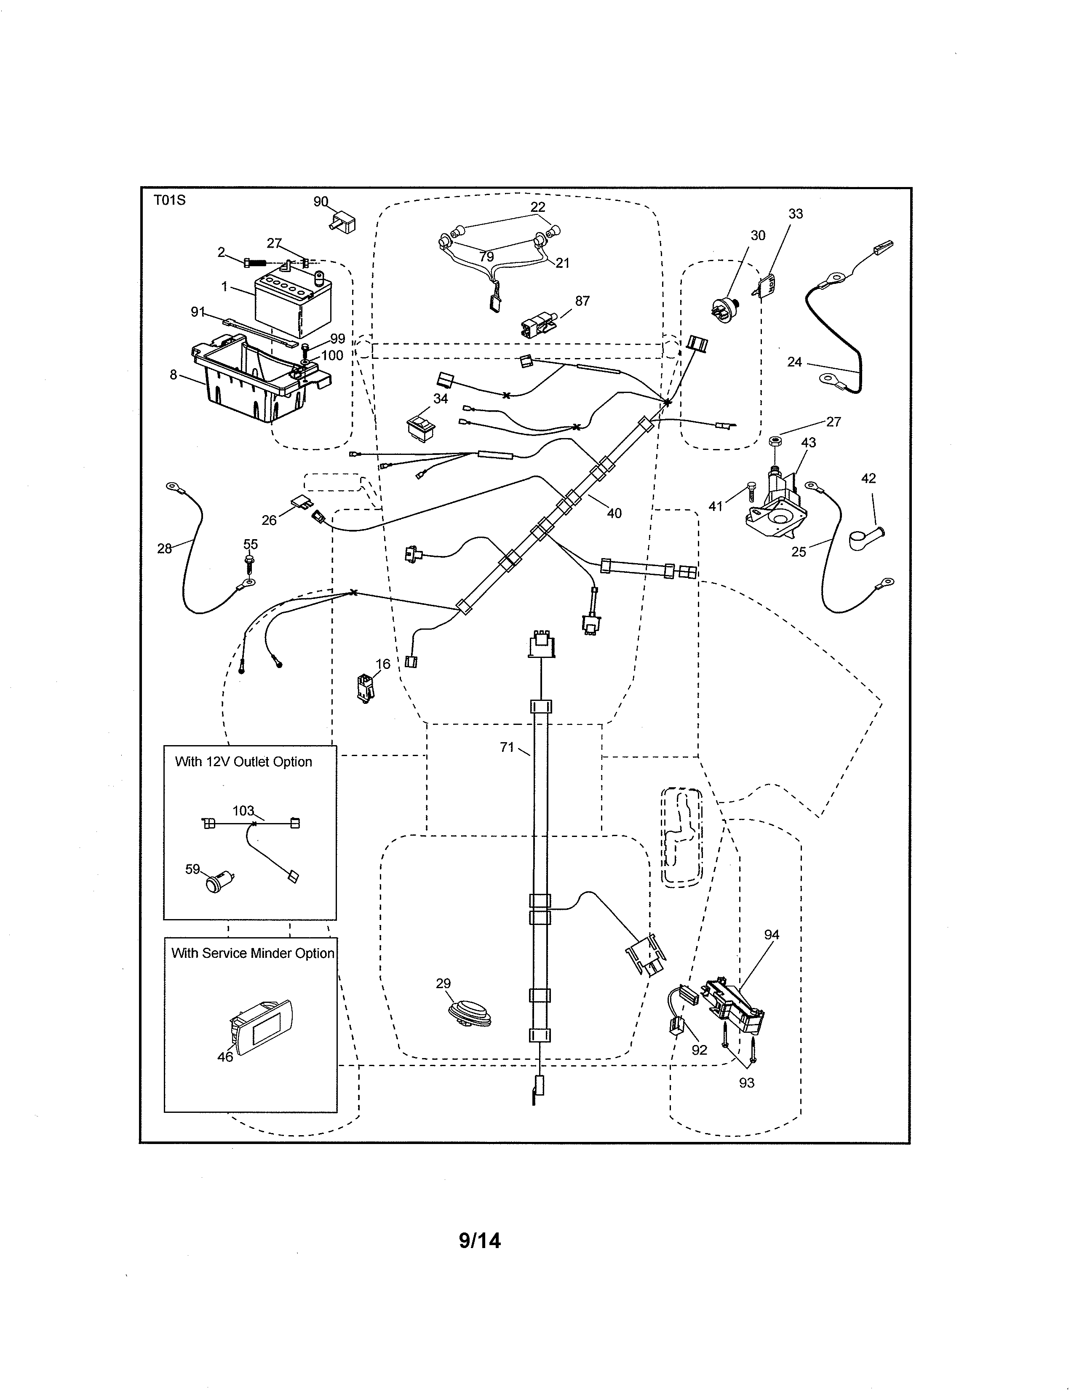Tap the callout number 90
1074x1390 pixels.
[x=320, y=202]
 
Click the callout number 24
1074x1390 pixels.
[x=794, y=362]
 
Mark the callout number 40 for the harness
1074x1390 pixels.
[x=614, y=513]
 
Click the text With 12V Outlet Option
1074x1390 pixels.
[x=243, y=762]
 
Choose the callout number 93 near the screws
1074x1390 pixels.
[x=746, y=1083]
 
